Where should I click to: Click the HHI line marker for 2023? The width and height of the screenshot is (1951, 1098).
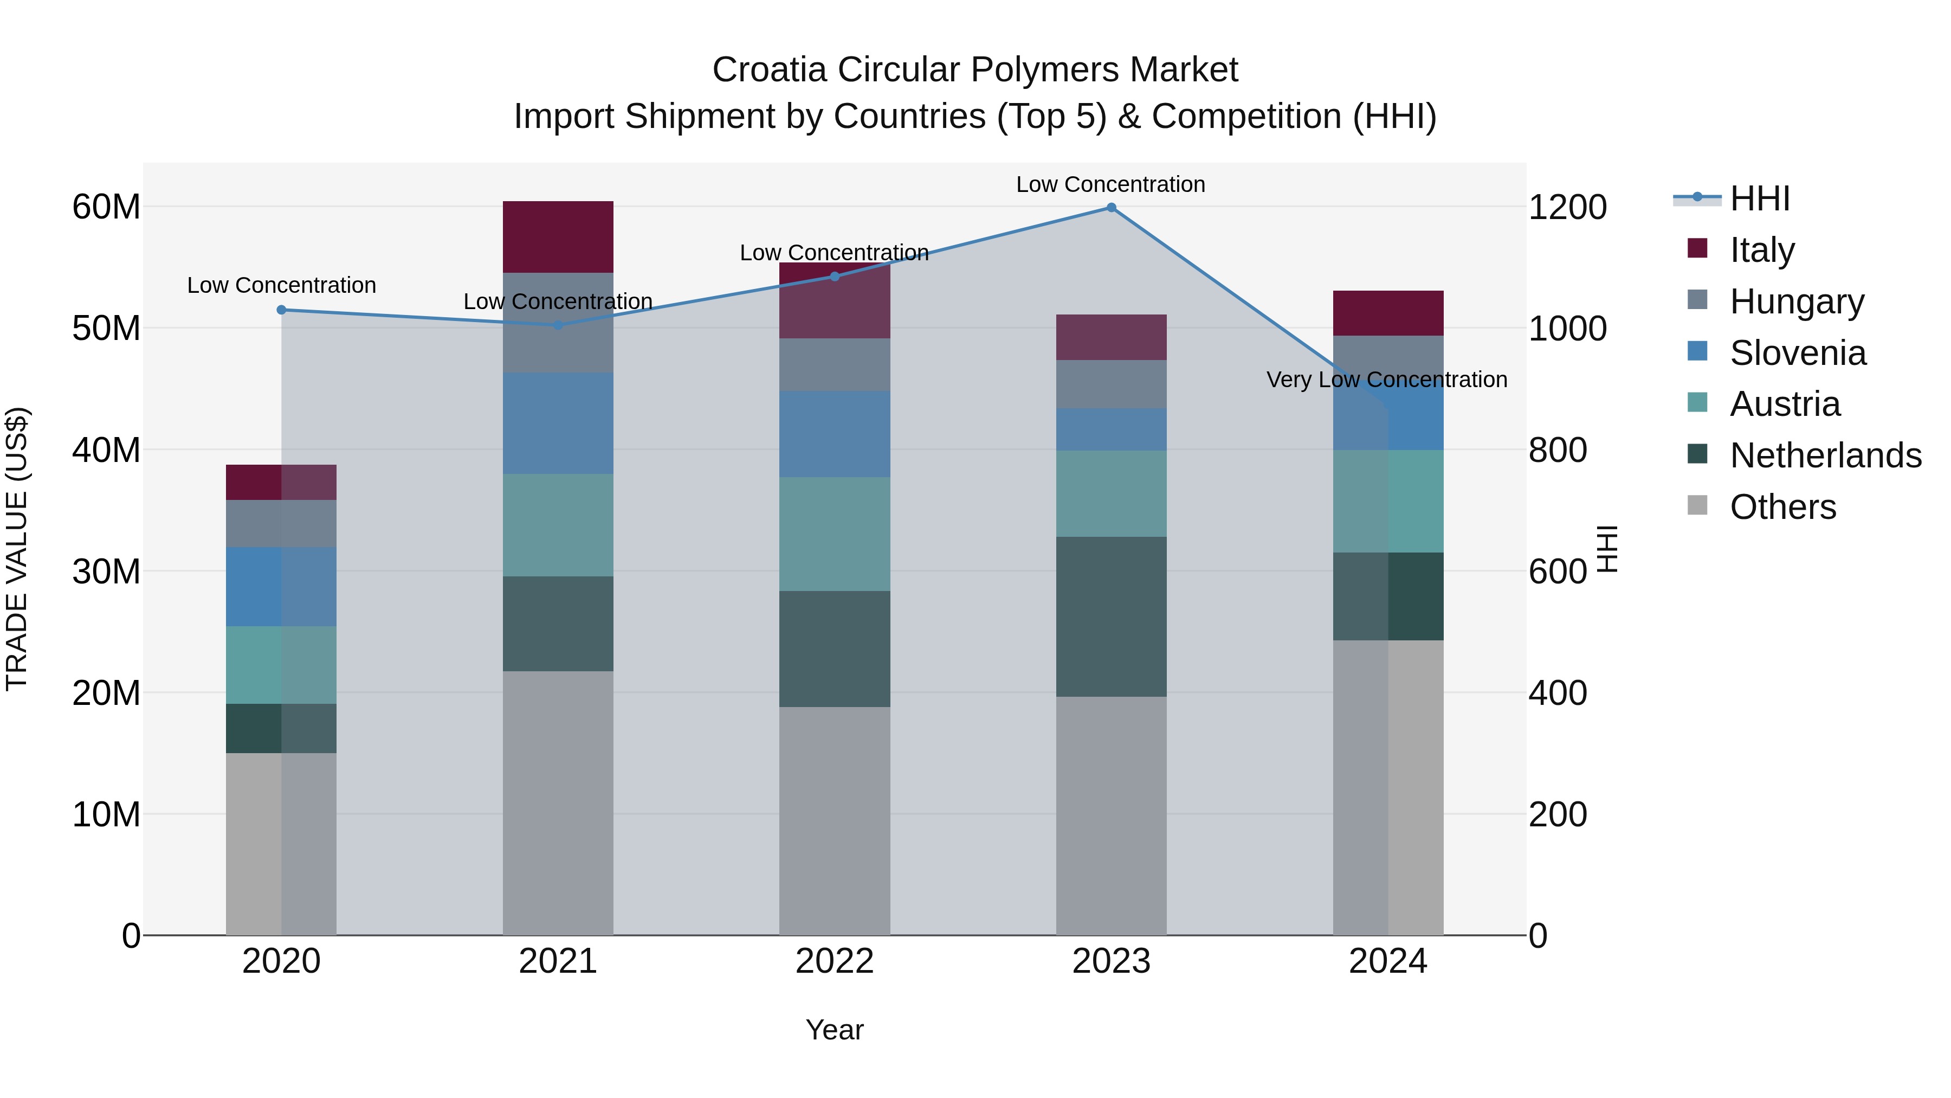pos(1111,208)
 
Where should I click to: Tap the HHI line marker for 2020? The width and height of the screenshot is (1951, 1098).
pos(282,310)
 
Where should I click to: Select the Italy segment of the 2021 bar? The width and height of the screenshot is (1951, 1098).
pos(558,236)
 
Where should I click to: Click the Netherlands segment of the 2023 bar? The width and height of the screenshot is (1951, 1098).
pos(1111,617)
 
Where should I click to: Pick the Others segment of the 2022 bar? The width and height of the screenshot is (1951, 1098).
pos(835,821)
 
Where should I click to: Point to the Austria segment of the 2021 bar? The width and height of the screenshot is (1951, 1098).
pos(558,525)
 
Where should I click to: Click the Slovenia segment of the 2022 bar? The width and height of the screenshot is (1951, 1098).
pos(835,434)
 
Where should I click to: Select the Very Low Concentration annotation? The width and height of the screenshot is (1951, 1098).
pos(1387,380)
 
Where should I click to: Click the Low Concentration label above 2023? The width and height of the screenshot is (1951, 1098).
pos(1110,184)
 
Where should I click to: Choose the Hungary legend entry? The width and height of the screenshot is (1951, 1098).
pos(1797,301)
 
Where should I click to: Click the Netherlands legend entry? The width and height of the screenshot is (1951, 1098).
pos(1825,455)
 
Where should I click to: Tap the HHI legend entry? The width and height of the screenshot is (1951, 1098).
pos(1759,198)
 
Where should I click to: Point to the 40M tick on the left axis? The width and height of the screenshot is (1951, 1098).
pos(106,450)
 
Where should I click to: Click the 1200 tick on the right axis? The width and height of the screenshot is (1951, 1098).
pos(1567,208)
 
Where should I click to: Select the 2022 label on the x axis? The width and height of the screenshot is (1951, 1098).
pos(835,961)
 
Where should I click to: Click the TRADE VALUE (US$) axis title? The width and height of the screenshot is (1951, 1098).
pos(17,549)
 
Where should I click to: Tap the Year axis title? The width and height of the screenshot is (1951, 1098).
pos(835,1030)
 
